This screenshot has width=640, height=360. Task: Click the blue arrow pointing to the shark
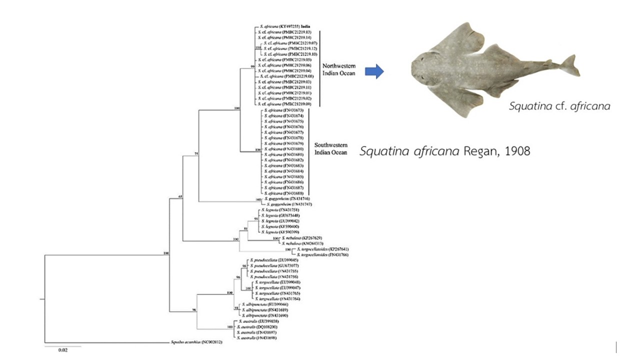373,72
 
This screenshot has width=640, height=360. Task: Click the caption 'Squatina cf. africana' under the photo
559,106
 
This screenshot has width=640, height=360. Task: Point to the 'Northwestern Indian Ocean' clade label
338,69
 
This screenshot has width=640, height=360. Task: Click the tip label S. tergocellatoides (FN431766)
323,255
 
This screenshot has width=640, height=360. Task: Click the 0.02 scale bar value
62,350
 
